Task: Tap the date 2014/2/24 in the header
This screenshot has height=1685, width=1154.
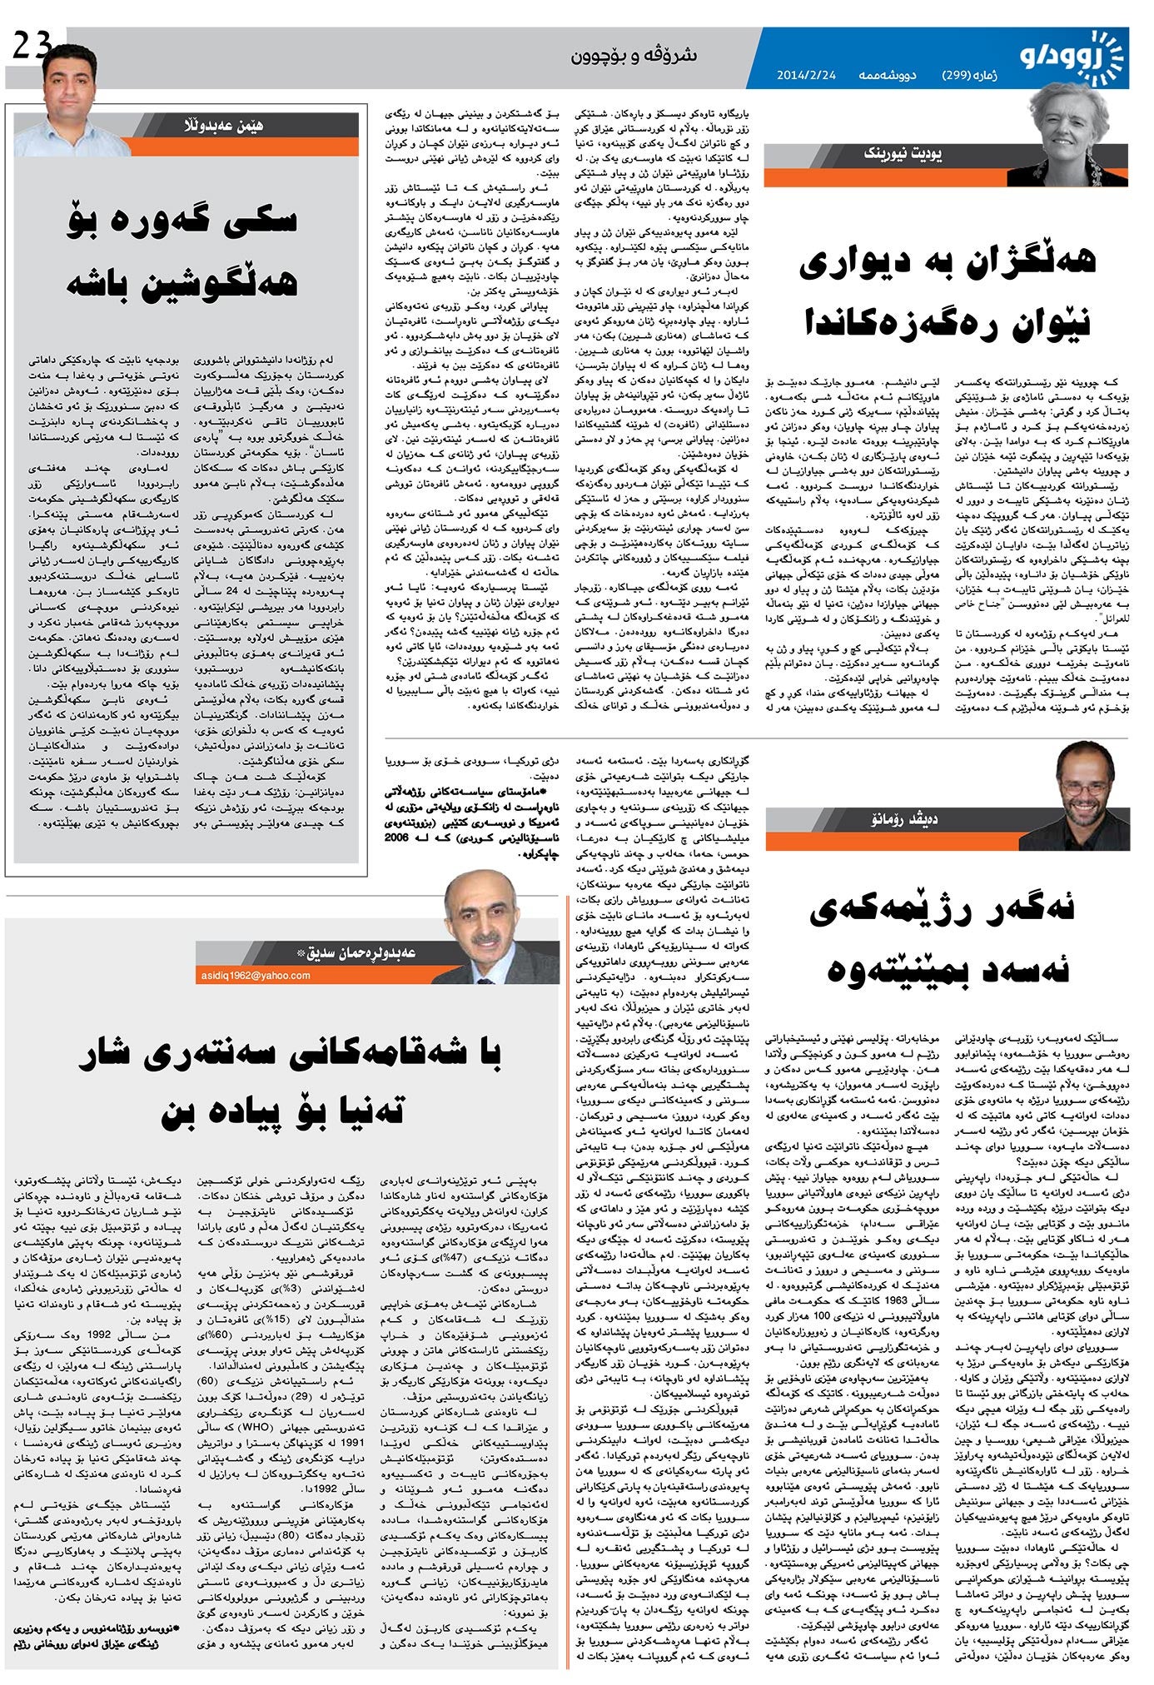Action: [805, 75]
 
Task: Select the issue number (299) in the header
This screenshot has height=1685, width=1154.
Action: [969, 75]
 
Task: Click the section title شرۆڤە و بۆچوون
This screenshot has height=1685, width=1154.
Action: [634, 56]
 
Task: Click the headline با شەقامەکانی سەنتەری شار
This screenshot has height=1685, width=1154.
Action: [291, 1056]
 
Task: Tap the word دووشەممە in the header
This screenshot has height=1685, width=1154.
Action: [888, 75]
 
